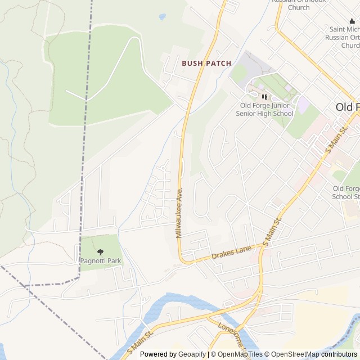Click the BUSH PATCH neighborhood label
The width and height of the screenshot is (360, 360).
(x=206, y=64)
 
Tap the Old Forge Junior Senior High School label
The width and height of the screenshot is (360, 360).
(x=266, y=109)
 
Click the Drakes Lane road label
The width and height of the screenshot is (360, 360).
(x=231, y=253)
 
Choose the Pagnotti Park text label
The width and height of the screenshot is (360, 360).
(x=101, y=261)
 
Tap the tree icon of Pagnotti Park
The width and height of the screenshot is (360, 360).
(x=101, y=252)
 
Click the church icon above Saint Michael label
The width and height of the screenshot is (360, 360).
(x=352, y=21)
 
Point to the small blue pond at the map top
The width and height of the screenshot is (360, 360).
(x=163, y=17)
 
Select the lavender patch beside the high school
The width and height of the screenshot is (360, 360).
(x=303, y=105)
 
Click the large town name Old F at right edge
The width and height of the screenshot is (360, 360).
(x=347, y=107)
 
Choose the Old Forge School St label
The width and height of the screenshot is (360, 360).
(x=345, y=192)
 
